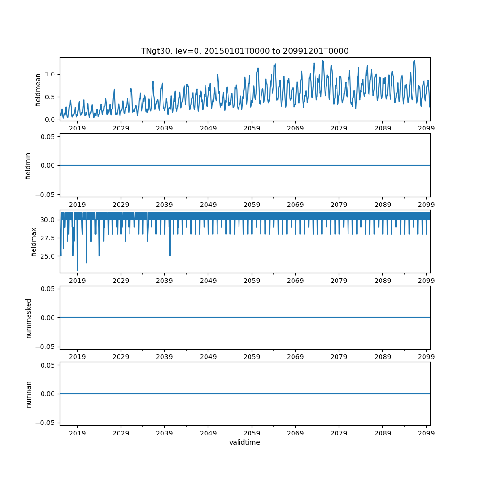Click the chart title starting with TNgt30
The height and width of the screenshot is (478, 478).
[244, 51]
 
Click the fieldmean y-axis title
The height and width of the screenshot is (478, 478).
[38, 89]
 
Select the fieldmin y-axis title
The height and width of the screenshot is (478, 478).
[28, 165]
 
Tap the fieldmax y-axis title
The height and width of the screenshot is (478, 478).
[33, 241]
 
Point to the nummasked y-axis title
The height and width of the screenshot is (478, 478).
[28, 318]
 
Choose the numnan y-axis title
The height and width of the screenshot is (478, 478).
[28, 394]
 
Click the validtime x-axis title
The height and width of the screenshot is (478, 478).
[244, 442]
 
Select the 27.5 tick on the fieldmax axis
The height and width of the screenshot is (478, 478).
[48, 238]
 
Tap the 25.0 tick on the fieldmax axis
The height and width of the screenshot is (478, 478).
[48, 256]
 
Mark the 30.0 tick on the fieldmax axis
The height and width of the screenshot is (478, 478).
[48, 220]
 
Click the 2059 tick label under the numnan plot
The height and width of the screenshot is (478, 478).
[251, 433]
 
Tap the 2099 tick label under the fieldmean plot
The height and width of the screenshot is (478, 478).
[426, 128]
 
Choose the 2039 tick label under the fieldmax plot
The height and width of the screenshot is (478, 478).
[164, 281]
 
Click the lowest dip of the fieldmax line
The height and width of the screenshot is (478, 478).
[77, 270]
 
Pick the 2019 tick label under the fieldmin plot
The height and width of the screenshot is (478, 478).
[77, 205]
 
